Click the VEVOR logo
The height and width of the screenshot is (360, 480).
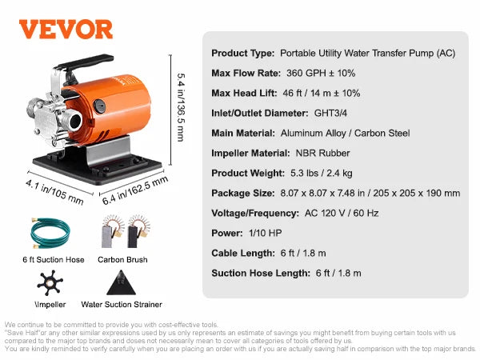[x=66, y=30]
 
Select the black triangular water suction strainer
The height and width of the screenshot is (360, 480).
[x=120, y=282]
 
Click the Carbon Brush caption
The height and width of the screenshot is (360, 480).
[x=122, y=260]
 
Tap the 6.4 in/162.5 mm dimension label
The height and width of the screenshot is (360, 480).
[x=143, y=193]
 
